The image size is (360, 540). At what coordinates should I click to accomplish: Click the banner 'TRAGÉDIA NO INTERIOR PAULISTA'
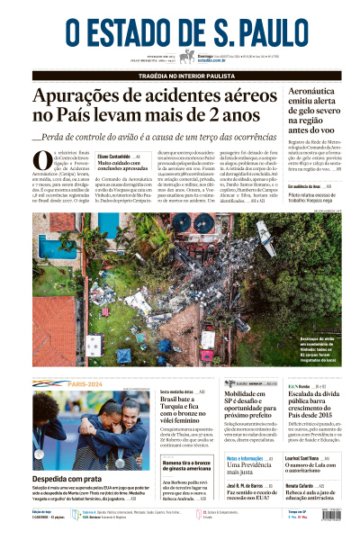(x=180, y=75)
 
